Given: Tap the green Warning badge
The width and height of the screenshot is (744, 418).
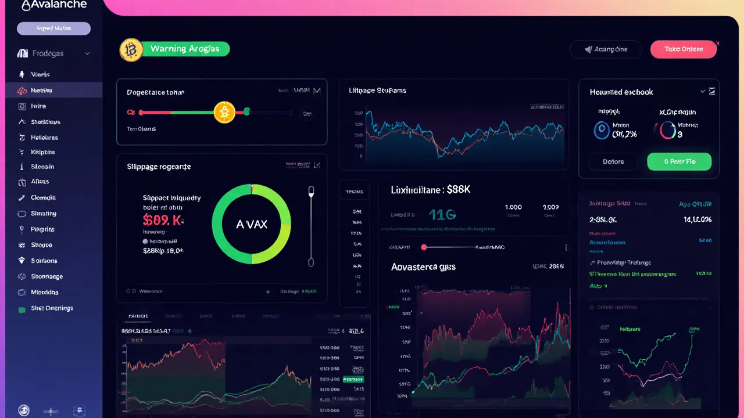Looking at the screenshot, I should coord(185,49).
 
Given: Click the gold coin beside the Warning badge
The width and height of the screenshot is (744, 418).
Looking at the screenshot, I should coord(131,50).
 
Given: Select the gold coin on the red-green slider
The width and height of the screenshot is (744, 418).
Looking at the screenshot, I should coord(224,112).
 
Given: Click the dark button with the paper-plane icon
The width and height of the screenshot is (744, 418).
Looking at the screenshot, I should coord(606,49).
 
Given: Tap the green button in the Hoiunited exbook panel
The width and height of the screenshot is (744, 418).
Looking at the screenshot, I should coord(679,161).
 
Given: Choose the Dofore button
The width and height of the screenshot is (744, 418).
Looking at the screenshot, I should coord(613,161).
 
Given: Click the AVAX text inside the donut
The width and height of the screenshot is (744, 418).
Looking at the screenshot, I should coord(252,224).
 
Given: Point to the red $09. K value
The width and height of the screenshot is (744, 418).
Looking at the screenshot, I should coord(163,220).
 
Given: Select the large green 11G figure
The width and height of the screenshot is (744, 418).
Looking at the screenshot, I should coord(442,215).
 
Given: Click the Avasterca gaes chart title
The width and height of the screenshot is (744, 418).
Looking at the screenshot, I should coord(423,267).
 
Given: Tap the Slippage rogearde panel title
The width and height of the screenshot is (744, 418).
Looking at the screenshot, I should coord(159,167).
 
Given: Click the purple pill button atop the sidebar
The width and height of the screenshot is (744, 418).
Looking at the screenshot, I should coord(53,28).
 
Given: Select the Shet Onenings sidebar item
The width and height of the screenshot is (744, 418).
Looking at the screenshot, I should coord(52,308).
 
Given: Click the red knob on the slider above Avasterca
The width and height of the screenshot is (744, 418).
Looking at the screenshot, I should coord(424,247).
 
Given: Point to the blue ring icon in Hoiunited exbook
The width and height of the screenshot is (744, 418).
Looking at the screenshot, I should coord(601,130).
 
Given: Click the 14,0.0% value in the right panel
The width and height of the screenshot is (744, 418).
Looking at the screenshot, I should coord(697,219).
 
